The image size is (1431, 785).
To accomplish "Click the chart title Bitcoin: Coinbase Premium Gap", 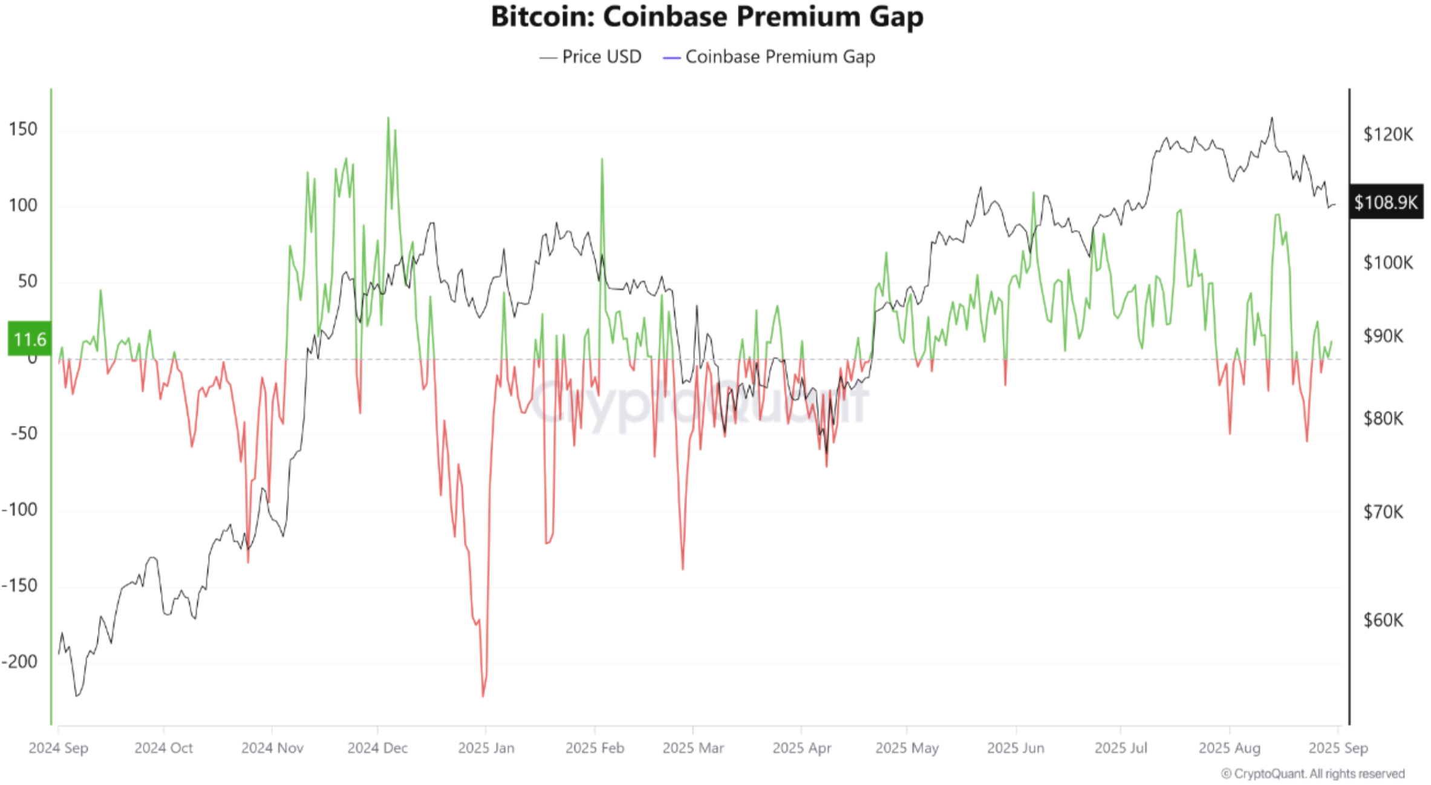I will (x=706, y=17).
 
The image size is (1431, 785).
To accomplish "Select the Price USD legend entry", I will (x=590, y=57).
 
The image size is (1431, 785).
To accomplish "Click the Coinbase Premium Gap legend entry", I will (x=769, y=57).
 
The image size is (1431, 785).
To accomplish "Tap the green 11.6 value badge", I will (x=29, y=339).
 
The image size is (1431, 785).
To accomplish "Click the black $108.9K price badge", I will (x=1386, y=202).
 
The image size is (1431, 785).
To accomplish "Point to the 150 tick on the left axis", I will (x=23, y=129).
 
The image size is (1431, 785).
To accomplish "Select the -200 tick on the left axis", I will (x=20, y=662).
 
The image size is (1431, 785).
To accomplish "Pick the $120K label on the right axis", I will (x=1387, y=134).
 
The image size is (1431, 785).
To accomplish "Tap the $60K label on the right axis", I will (x=1383, y=620).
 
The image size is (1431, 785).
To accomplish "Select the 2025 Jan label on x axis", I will (x=486, y=748).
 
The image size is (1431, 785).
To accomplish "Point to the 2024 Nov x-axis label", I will (x=272, y=748).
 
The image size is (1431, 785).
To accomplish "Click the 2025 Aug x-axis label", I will (x=1229, y=748).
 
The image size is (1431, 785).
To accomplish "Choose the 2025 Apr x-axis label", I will (x=801, y=748).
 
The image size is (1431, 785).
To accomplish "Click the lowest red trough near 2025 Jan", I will (x=483, y=696).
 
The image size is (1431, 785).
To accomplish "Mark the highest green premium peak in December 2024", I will (x=388, y=119).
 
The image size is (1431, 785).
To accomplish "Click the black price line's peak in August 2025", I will (x=1272, y=119).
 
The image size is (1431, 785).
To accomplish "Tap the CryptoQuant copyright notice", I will (x=1312, y=774).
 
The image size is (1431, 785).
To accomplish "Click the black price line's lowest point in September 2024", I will (x=76, y=695).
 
